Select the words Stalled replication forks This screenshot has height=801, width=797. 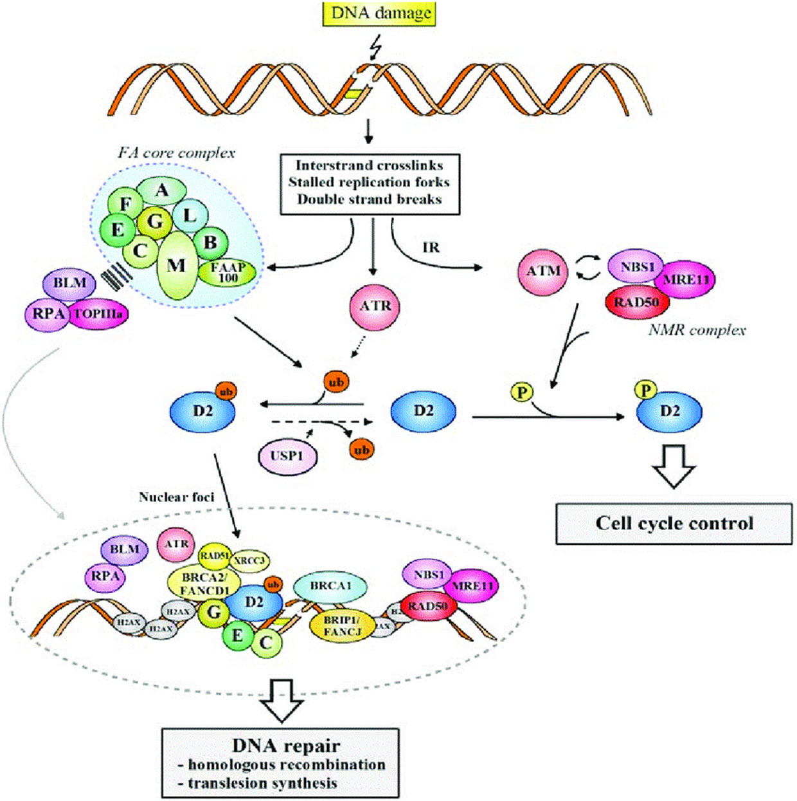point(369,182)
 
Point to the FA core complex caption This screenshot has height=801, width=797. point(176,153)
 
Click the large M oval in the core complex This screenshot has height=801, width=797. point(176,266)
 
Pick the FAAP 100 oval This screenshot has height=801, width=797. point(228,273)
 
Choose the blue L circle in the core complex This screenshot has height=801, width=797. point(190,216)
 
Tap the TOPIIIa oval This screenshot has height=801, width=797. point(98,314)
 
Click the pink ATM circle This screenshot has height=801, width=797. point(543,271)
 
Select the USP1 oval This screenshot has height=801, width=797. point(287,456)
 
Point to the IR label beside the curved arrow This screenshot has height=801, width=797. point(431,248)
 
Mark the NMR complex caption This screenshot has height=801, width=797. point(697,331)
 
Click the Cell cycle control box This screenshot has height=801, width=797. point(674,523)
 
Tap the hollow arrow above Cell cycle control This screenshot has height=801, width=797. point(674,465)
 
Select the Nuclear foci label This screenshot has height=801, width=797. point(176,497)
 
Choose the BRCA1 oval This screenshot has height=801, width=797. point(330,586)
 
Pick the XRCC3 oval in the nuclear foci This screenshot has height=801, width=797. point(249,561)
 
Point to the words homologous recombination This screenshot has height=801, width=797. point(287,764)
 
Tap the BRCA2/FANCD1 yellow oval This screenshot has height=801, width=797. point(203,583)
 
